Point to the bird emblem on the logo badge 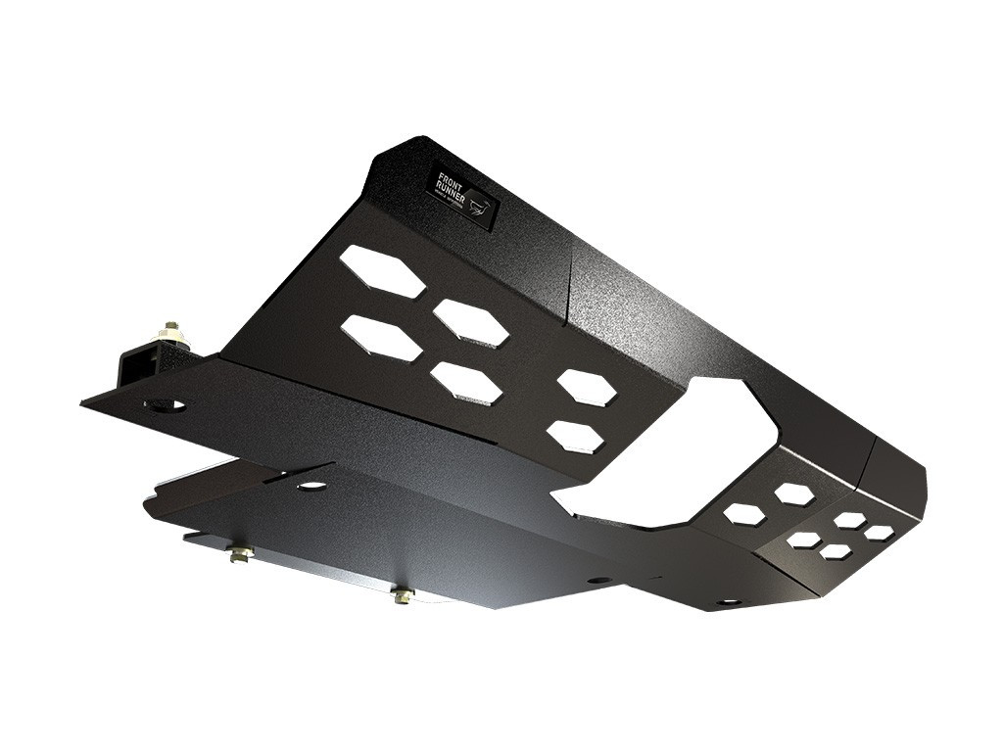click(x=477, y=205)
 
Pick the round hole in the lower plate click(x=312, y=485)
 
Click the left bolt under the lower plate click(x=240, y=555)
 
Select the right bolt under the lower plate click(x=403, y=594)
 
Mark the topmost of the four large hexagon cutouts click(x=382, y=271)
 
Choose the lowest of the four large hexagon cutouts click(x=466, y=383)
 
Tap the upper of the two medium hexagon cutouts click(x=587, y=388)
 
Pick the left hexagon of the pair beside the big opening click(x=744, y=513)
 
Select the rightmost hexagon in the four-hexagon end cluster click(x=879, y=533)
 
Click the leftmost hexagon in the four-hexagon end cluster click(x=804, y=540)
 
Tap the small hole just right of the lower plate click(x=595, y=580)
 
